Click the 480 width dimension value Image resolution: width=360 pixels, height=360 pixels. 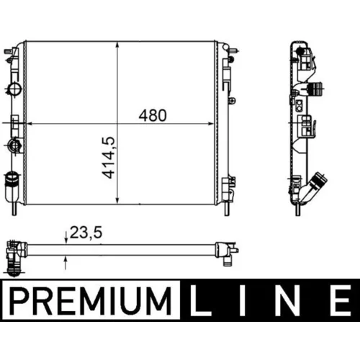tap(153, 115)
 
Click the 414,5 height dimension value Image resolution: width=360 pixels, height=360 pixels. tap(109, 158)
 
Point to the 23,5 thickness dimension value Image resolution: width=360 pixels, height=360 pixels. tap(86, 233)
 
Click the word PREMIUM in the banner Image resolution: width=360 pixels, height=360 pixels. tap(91, 300)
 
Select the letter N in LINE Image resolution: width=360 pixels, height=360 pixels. tap(287, 300)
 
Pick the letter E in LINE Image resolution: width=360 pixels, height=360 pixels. tap(340, 300)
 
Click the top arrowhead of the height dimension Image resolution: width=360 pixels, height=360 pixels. tap(117, 45)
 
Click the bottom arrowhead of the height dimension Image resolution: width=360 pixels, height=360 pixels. tap(117, 201)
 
